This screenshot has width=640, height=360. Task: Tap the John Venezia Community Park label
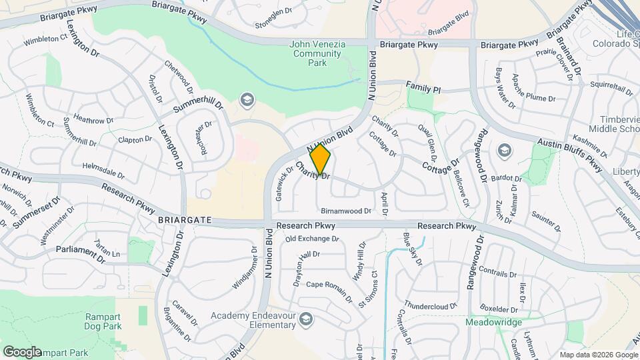(x=317, y=53)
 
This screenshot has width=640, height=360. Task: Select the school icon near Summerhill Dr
(x=248, y=100)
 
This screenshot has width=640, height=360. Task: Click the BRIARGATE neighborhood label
(x=185, y=219)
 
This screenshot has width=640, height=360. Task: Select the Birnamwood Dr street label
(x=345, y=211)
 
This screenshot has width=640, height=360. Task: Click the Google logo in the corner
(x=22, y=351)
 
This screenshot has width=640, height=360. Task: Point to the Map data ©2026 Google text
(x=598, y=355)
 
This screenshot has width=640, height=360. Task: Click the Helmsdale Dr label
(x=103, y=170)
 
